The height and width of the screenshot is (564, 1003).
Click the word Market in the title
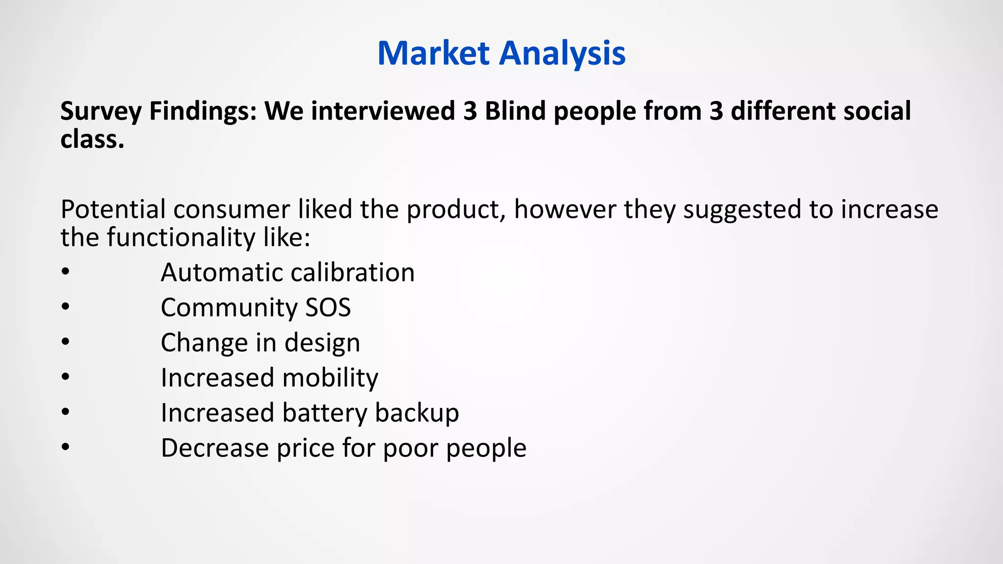(x=433, y=53)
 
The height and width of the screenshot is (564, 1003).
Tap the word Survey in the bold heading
(x=101, y=111)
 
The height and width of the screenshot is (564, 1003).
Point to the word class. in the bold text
(x=92, y=139)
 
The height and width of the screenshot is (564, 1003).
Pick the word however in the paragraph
(x=565, y=210)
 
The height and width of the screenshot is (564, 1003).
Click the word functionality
(x=181, y=238)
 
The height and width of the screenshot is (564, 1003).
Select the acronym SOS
(x=328, y=308)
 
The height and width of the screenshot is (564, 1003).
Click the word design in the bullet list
(x=322, y=343)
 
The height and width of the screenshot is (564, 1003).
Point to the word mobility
(x=330, y=378)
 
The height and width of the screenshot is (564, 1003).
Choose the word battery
(x=324, y=413)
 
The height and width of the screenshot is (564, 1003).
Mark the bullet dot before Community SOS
(x=66, y=307)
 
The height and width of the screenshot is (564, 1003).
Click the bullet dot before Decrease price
(x=66, y=447)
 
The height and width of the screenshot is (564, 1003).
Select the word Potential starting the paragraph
(x=113, y=210)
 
